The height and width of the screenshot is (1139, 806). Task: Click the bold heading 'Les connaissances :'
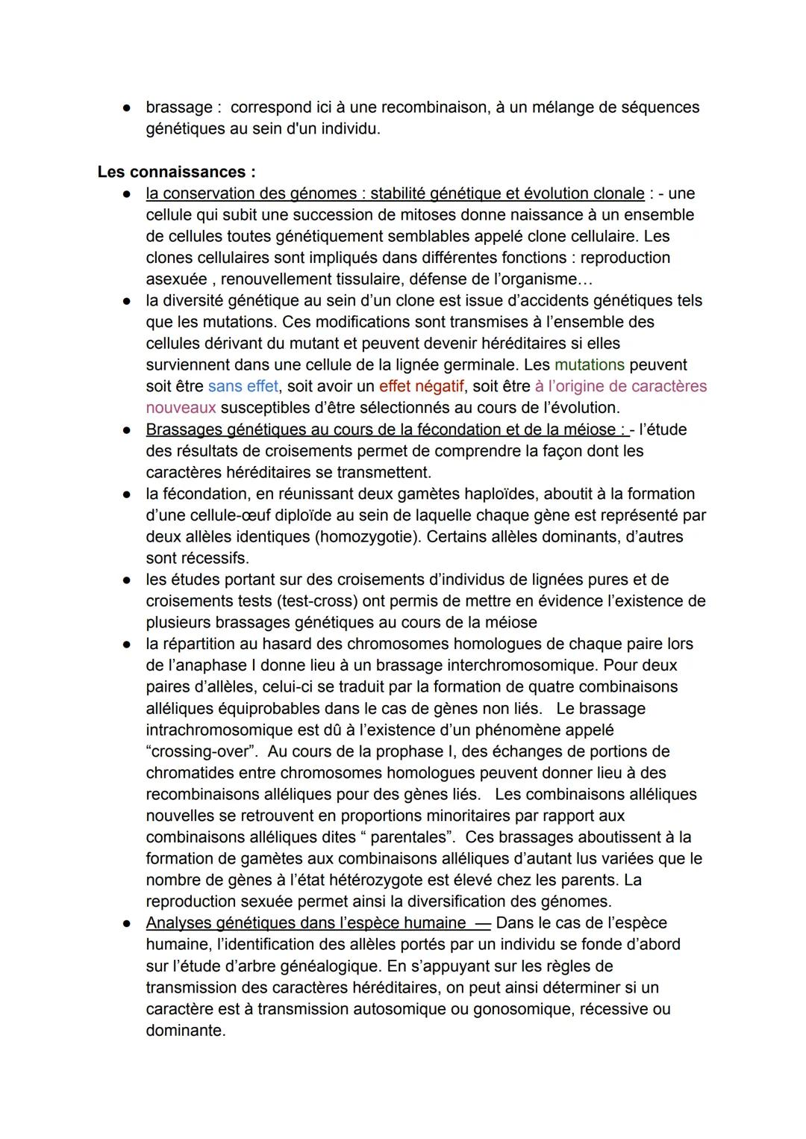tap(176, 172)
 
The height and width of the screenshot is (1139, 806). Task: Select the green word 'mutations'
tap(590, 365)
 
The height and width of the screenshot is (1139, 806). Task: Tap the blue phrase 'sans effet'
tap(243, 387)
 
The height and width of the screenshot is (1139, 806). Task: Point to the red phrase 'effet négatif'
tap(422, 387)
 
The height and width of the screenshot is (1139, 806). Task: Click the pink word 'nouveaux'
tap(181, 408)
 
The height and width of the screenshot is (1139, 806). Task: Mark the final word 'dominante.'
tap(185, 1031)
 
